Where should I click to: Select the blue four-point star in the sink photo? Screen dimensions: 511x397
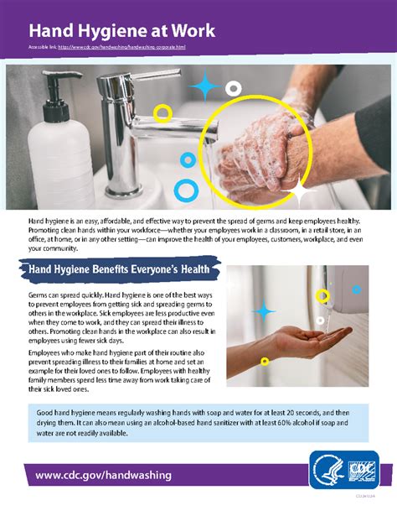(204, 86)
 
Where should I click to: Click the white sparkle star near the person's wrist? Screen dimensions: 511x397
(296, 191)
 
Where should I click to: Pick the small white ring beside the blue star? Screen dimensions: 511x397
(234, 88)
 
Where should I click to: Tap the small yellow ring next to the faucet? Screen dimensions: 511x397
(162, 112)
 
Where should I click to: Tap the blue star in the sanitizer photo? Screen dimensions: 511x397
(264, 312)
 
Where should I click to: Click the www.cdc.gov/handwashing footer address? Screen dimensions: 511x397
(104, 475)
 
